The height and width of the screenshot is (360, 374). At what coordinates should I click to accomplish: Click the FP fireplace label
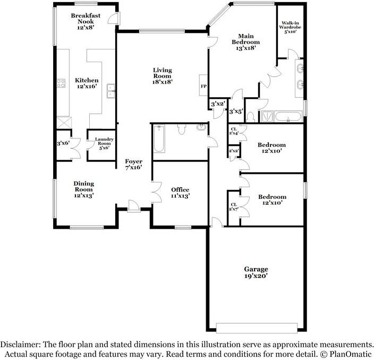pos(203,87)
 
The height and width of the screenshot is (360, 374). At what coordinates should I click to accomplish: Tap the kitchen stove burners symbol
pos(61,83)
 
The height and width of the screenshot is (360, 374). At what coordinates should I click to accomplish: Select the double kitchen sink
pos(110,91)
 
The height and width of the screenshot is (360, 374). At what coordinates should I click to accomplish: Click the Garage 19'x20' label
pos(256,272)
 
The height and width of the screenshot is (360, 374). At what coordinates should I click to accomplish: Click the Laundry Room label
pos(104,141)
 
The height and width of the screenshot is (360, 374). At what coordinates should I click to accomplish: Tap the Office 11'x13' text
pos(180,192)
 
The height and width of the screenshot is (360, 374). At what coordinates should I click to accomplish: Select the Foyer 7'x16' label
pos(133,164)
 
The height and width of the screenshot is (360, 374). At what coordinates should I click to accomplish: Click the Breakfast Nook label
pos(86,19)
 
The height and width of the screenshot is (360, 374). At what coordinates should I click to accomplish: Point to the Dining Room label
pos(84,187)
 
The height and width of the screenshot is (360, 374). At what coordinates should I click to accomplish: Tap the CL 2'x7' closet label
pos(234,207)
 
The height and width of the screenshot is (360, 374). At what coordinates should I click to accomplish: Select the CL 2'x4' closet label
pos(234,131)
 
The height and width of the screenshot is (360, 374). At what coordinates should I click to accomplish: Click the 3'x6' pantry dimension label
pos(63,143)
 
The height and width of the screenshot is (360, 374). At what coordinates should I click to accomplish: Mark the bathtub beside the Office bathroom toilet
pos(159,139)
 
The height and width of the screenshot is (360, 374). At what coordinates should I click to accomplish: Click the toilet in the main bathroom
pos(250,117)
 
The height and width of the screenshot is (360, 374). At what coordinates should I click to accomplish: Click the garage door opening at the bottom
pos(257,328)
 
